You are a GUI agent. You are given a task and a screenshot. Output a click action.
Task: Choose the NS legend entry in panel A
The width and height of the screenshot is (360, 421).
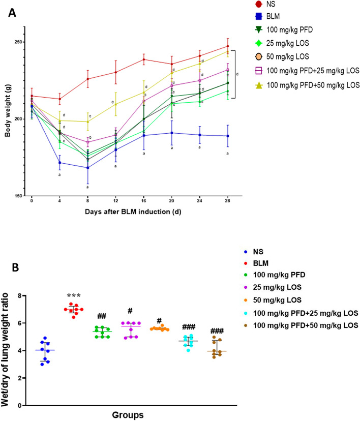[x=268, y=5]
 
